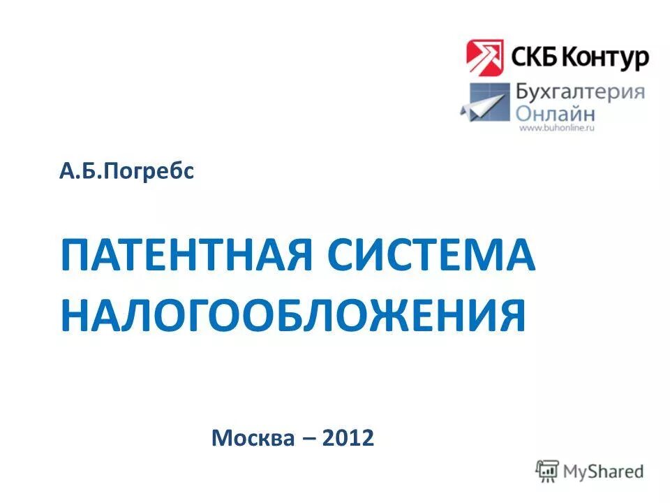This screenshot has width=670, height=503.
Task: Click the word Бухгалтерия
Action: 579,92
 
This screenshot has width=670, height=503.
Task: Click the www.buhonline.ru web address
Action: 556,129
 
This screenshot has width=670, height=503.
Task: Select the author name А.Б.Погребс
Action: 126,170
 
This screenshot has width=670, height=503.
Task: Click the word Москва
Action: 253,438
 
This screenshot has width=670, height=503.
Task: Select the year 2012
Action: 348,438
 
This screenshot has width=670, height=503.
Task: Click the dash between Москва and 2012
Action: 308,439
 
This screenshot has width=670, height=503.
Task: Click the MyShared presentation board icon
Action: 548,470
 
